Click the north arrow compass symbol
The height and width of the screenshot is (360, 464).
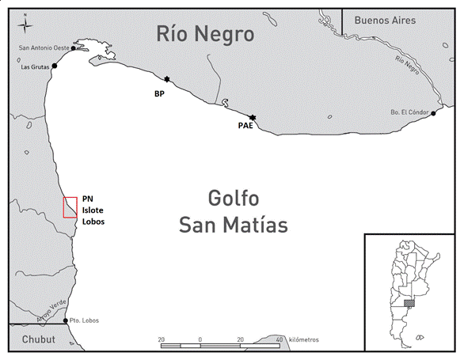point(26,23)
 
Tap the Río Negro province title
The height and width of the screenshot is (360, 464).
point(205,34)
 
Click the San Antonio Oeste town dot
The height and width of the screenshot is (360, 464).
point(73,48)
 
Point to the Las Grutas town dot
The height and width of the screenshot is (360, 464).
point(54,66)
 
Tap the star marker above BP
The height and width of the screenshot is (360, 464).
point(167,79)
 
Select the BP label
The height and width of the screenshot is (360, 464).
point(159,93)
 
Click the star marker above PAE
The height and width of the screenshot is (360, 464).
point(252,117)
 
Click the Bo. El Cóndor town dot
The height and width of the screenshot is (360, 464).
point(434,113)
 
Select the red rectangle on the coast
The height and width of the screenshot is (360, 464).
point(70,207)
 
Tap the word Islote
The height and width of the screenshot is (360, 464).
point(93,210)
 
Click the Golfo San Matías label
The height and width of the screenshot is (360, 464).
point(232,211)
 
